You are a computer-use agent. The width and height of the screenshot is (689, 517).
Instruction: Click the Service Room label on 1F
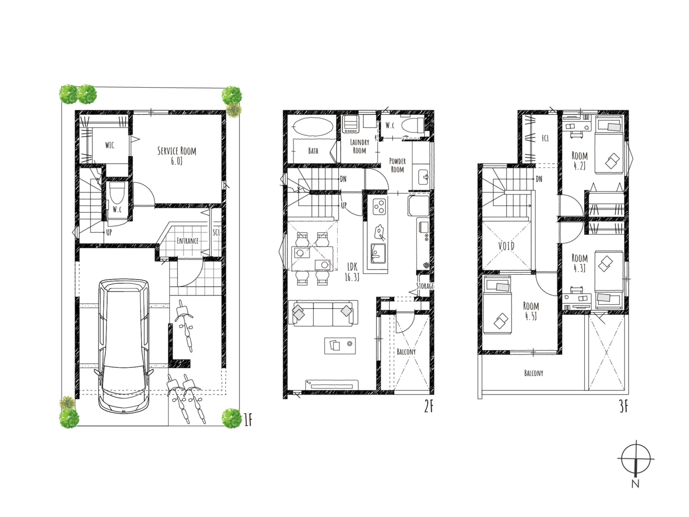pyautogui.click(x=177, y=156)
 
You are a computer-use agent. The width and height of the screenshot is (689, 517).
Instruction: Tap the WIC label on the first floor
pyautogui.click(x=110, y=145)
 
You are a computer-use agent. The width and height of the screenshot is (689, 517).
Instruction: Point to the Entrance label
pyautogui.click(x=188, y=241)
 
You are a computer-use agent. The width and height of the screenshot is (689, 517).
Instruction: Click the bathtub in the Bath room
pyautogui.click(x=312, y=127)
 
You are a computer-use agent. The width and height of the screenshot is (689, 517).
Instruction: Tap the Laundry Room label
pyautogui.click(x=359, y=146)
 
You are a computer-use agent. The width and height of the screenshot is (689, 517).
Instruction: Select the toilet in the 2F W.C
pyautogui.click(x=412, y=126)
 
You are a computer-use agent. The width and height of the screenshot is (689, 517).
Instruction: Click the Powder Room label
pyautogui.click(x=397, y=165)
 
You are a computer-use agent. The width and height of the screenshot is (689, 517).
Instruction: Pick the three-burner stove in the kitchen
pyautogui.click(x=379, y=207)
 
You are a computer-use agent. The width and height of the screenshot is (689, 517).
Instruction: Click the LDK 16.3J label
pyautogui.click(x=352, y=272)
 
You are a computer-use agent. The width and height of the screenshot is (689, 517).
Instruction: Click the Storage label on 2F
pyautogui.click(x=425, y=286)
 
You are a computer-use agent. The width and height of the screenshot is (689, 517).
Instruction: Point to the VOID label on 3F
pyautogui.click(x=506, y=246)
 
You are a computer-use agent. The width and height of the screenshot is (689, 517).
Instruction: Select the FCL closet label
pyautogui.click(x=545, y=138)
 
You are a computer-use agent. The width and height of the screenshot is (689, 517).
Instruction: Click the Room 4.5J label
pyautogui.click(x=531, y=311)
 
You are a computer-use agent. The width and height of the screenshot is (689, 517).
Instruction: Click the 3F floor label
pyautogui.click(x=624, y=407)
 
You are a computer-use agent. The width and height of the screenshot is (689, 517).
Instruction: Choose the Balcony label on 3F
pyautogui.click(x=533, y=373)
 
